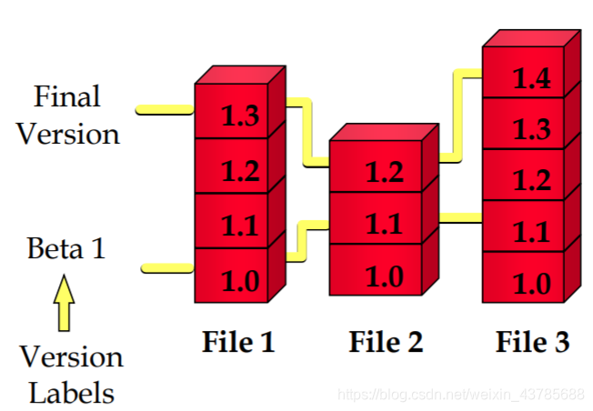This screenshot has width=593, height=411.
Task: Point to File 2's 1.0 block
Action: click(x=383, y=273)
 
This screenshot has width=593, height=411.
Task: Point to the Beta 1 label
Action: click(x=65, y=248)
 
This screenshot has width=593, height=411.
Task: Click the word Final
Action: click(x=66, y=96)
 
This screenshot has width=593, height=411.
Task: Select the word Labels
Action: click(x=72, y=393)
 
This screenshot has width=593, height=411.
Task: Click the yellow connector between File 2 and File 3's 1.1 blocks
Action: click(x=460, y=217)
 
